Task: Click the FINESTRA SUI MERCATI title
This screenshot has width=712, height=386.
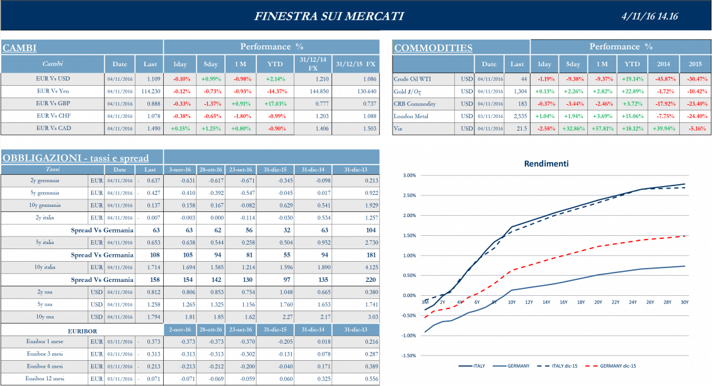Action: coord(329,16)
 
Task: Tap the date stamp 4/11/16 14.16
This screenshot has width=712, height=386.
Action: coord(649,16)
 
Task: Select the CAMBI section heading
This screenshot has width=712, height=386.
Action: coord(19,48)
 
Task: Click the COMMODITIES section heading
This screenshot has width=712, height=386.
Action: coord(434,48)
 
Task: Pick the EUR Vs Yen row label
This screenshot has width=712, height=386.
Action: coord(52,91)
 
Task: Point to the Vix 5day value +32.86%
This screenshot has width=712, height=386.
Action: coord(573,128)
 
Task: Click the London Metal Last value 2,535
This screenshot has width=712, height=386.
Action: coord(517,116)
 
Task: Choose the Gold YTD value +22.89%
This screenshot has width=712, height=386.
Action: coord(631,91)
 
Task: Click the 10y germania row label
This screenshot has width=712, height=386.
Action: coord(45,206)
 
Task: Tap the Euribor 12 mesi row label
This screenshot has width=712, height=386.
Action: coord(45,378)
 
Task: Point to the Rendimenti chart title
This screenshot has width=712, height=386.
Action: coord(546,164)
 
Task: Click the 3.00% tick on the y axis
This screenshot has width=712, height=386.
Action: coord(409,176)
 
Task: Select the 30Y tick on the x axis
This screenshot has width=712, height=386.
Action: coord(684,302)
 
